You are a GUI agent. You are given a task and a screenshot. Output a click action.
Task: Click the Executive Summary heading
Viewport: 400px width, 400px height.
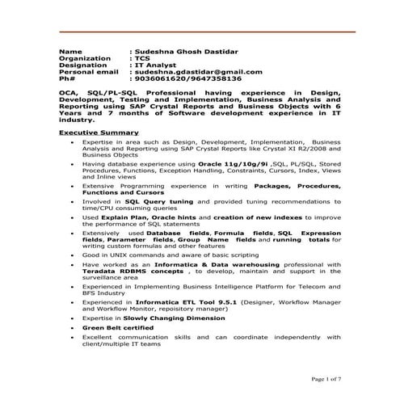[99, 132]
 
